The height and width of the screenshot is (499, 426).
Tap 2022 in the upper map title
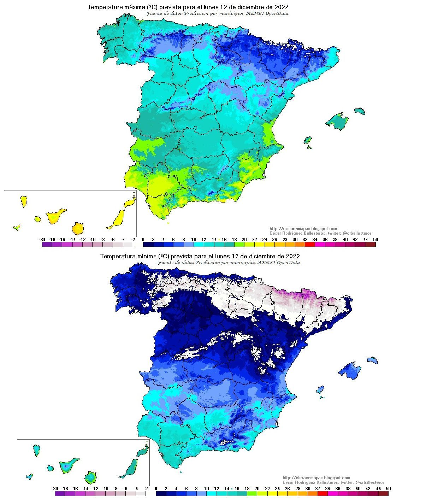pyautogui.click(x=281, y=7)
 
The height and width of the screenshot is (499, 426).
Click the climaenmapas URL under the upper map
pyautogui.click(x=303, y=229)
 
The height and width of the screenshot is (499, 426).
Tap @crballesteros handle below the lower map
pyautogui.click(x=370, y=482)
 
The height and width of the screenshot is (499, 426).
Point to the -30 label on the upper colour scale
pyautogui.click(x=42, y=240)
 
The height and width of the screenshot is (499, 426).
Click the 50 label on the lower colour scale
pyautogui.click(x=388, y=488)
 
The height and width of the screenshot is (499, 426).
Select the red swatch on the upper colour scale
pyautogui.click(x=310, y=244)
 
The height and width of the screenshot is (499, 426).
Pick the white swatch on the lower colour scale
pyautogui.click(x=151, y=493)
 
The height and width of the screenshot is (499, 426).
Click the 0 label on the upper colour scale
pyautogui.click(x=143, y=240)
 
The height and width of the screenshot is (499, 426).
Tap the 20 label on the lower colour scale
pyautogui.click(x=257, y=488)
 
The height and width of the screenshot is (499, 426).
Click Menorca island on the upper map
pyautogui.click(x=360, y=111)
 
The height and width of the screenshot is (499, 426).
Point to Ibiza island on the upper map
pyautogui.click(x=308, y=140)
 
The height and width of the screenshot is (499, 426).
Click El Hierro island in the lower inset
pyautogui.click(x=29, y=476)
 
